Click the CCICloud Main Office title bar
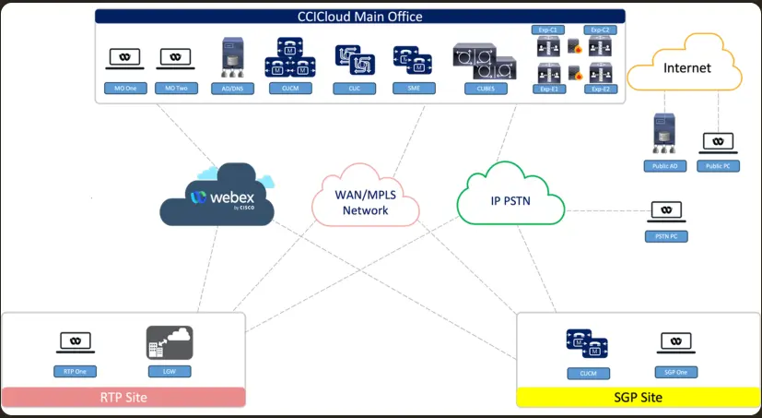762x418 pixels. click(360, 17)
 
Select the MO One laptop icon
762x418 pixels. click(124, 58)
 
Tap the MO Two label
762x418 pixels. click(175, 89)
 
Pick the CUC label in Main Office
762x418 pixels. click(354, 89)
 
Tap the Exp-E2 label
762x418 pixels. click(602, 90)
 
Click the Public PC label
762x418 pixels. click(718, 166)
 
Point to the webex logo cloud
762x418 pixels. click(217, 197)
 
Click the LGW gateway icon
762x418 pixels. click(169, 343)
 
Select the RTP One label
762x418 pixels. click(75, 372)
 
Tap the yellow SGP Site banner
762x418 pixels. click(638, 398)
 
